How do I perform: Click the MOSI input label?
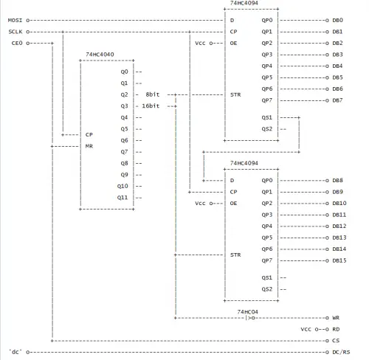coord(15,20)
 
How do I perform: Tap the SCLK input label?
coord(15,32)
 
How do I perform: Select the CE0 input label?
coord(17,43)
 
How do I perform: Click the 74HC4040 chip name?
coord(100,55)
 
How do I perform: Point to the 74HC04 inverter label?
coord(248,312)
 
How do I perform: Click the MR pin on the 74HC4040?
coord(89,146)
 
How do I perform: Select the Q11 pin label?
coord(123,198)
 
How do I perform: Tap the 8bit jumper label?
coord(153,94)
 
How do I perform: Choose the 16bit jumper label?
coord(151,106)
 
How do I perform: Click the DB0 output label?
coord(338,20)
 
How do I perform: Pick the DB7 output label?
coord(338,100)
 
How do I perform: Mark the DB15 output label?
coord(339,260)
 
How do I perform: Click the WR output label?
coord(336,318)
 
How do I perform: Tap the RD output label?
coord(336,329)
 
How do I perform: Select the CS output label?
coord(336,341)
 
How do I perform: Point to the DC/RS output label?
coord(341,352)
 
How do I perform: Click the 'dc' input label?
coord(15,352)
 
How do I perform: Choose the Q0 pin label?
coord(124,72)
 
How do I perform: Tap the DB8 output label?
coord(338,180)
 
